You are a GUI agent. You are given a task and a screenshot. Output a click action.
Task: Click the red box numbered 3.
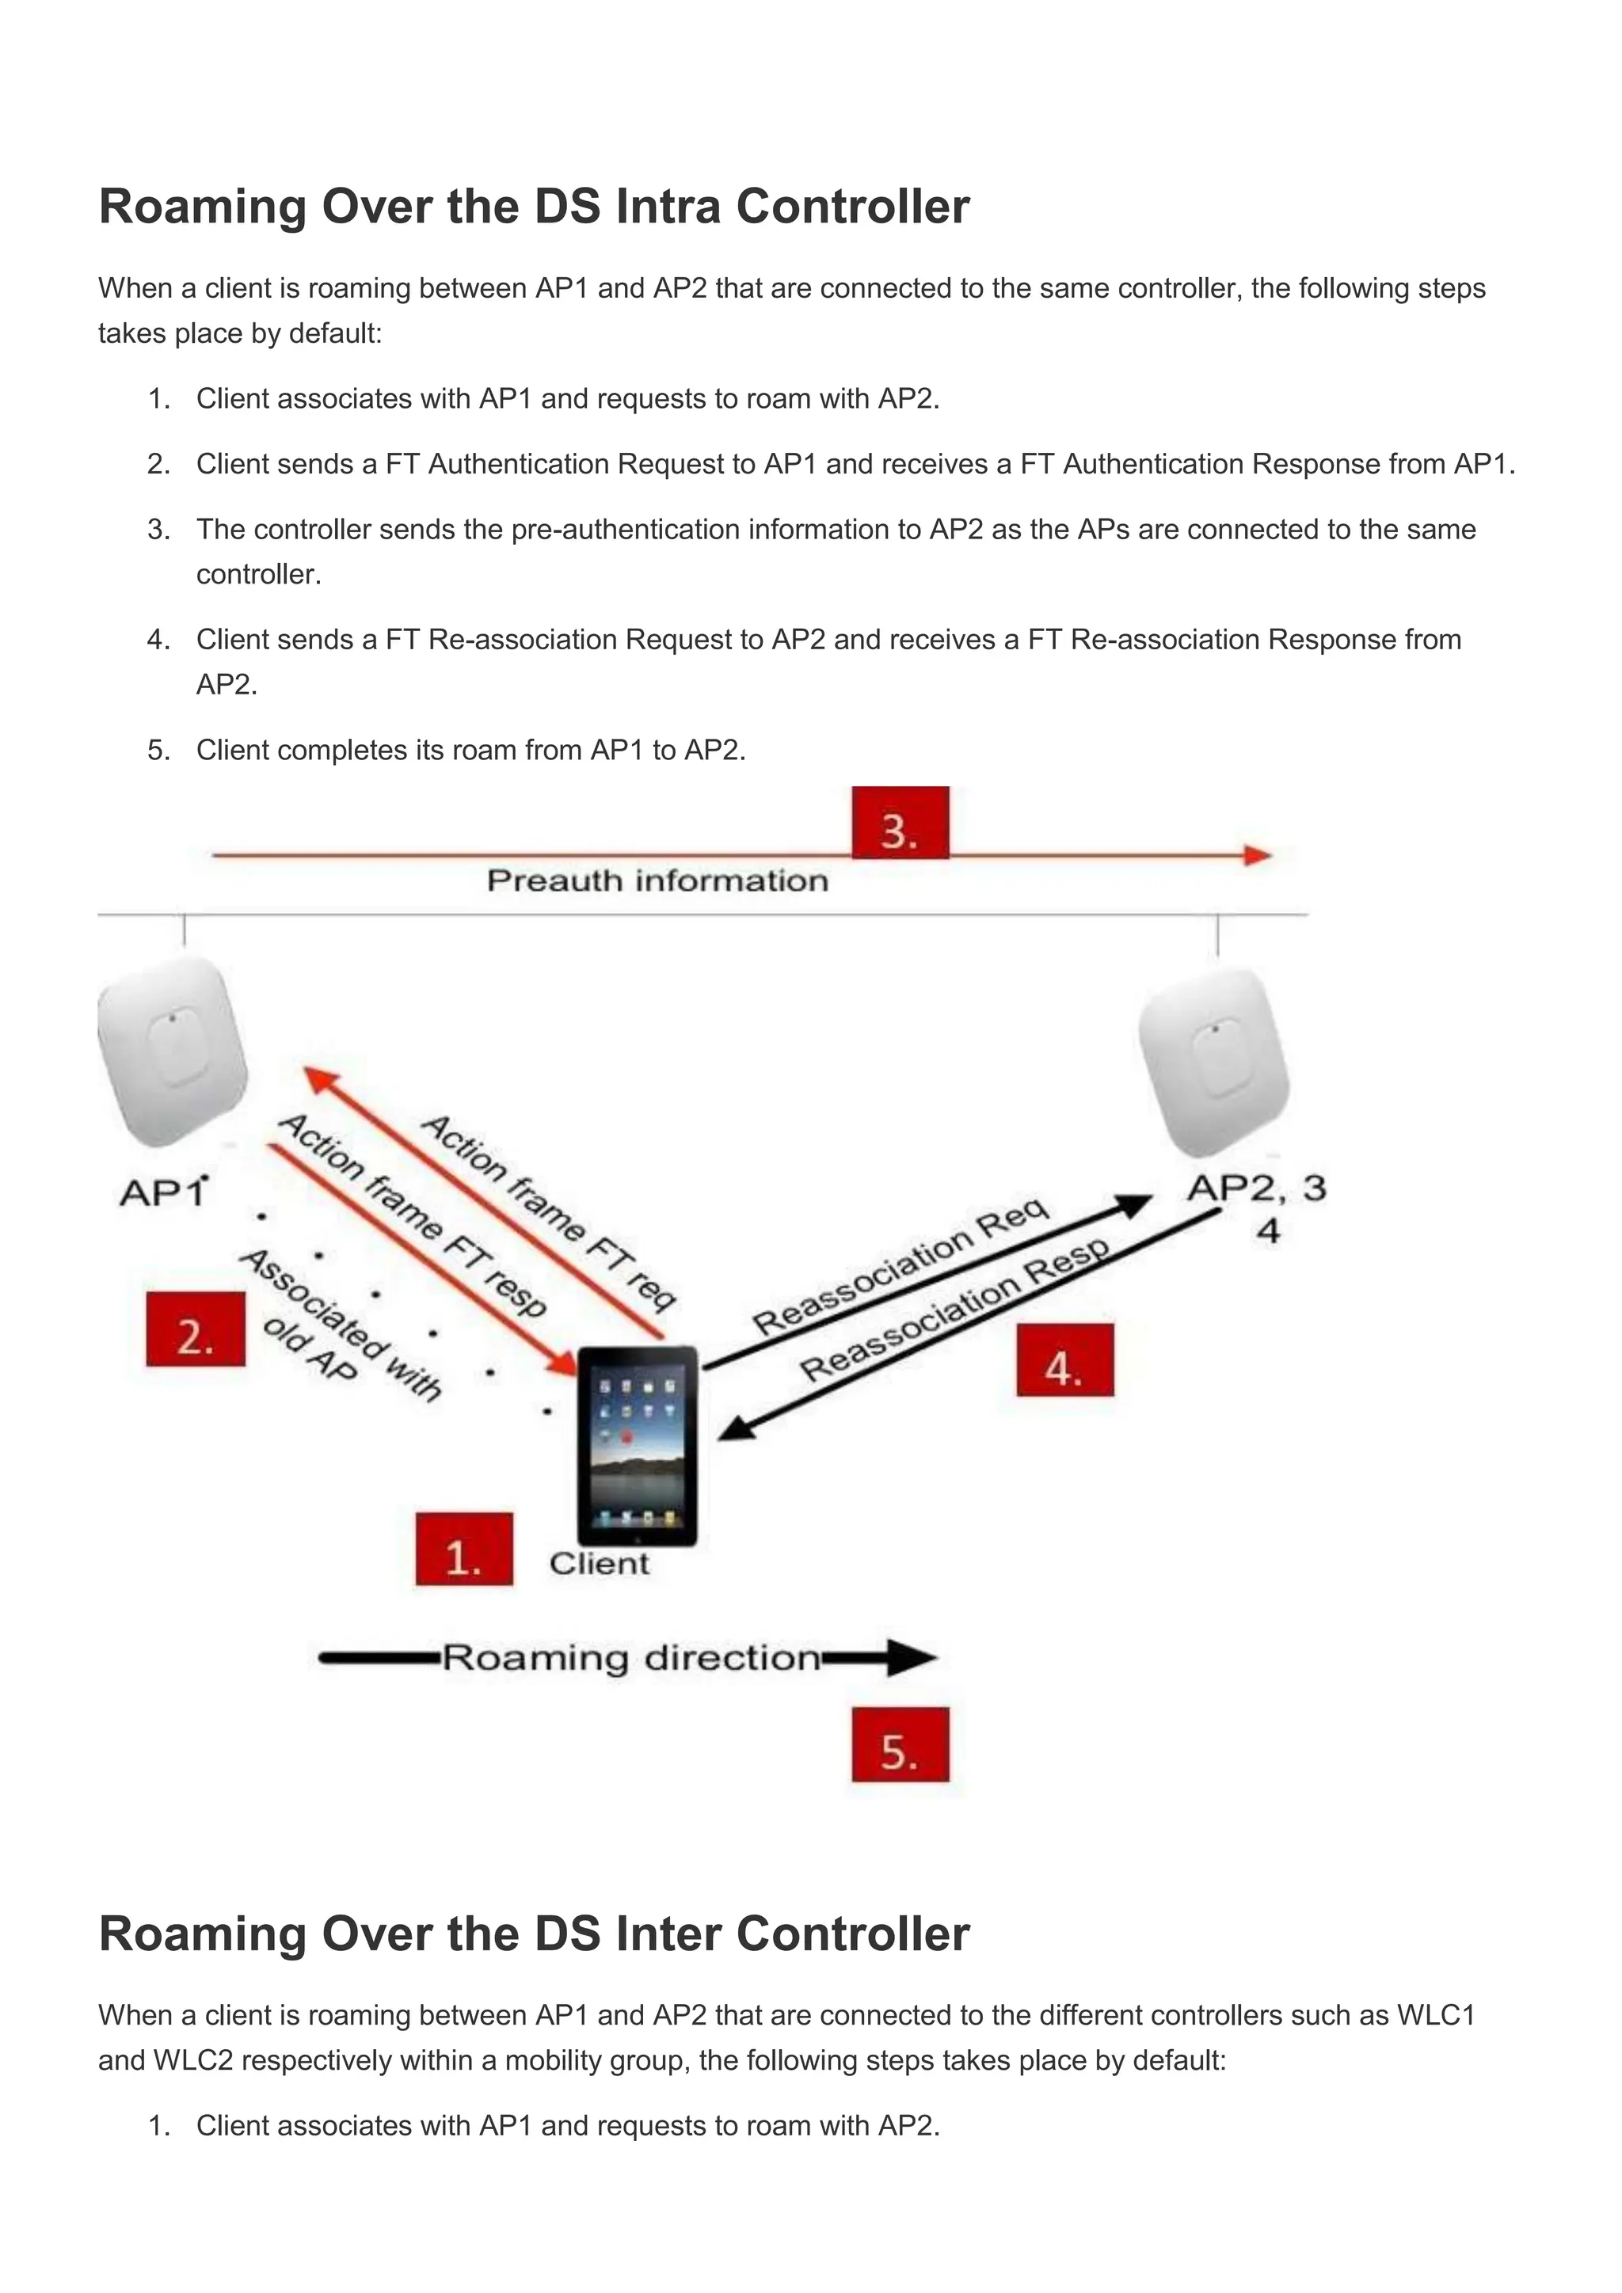tap(900, 822)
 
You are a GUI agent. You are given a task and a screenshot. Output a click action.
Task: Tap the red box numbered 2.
tap(196, 1329)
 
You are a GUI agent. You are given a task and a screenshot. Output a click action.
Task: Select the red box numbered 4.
tap(1064, 1359)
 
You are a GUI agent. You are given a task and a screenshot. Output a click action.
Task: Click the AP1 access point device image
tap(173, 1051)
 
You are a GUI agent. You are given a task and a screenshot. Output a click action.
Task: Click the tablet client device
tap(638, 1446)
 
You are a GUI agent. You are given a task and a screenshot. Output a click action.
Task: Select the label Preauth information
tap(657, 880)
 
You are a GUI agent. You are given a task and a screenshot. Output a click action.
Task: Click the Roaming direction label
tap(631, 1658)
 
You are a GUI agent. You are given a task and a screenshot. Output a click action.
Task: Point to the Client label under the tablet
tap(600, 1564)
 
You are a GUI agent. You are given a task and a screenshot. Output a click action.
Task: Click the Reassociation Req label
tap(900, 1266)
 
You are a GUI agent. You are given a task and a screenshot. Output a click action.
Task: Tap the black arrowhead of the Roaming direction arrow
tap(911, 1658)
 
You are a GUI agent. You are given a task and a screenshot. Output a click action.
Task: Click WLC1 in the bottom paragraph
tap(1436, 2015)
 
